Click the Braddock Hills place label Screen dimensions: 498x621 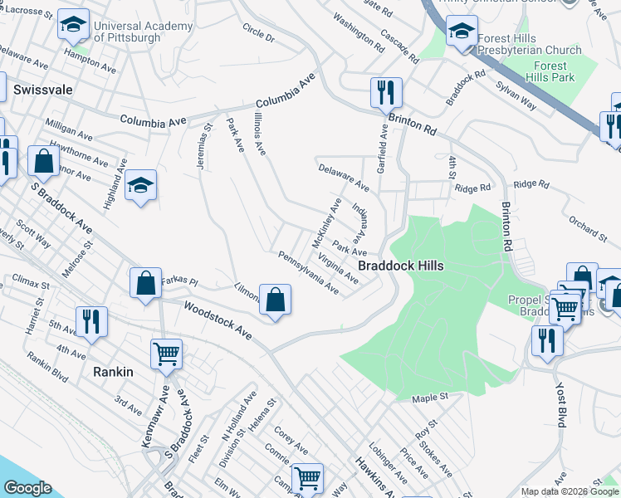[x=400, y=266]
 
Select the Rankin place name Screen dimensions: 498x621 [x=113, y=372]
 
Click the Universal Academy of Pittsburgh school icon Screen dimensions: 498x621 [x=73, y=27]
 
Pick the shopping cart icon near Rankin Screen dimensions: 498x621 [x=166, y=354]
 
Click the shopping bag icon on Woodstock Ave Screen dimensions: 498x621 [x=276, y=300]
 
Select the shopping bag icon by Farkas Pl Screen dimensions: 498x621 [x=146, y=282]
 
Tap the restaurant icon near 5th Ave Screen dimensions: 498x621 [x=91, y=322]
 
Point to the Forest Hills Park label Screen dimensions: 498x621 [x=550, y=71]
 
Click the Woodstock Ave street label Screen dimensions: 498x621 [x=218, y=320]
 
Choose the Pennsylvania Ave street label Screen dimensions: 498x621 [x=309, y=273]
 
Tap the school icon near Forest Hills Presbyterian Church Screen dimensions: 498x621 [x=462, y=33]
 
